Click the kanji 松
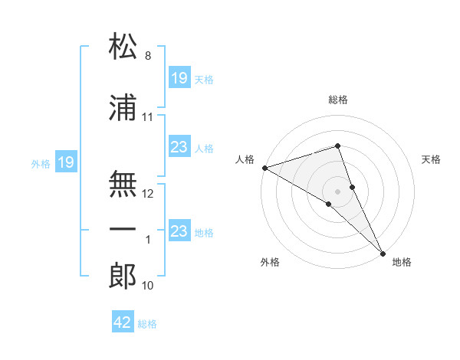(x=123, y=45)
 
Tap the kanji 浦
(x=123, y=107)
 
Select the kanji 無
(x=123, y=184)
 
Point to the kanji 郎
(x=123, y=276)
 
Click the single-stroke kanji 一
(x=123, y=229)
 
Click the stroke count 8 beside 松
(x=148, y=55)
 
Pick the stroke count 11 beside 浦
(x=147, y=117)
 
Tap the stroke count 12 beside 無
(x=147, y=194)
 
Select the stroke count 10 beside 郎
(x=147, y=285)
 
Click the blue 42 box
(x=123, y=321)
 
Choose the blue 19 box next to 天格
(x=179, y=77)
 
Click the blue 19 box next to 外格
(x=66, y=162)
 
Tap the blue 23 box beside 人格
(x=179, y=146)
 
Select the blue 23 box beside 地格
(x=179, y=230)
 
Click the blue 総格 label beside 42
(x=147, y=324)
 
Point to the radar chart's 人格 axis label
(x=245, y=159)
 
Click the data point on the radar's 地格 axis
(x=383, y=254)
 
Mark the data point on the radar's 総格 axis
(x=337, y=146)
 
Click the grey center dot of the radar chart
(x=337, y=191)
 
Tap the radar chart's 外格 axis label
(x=270, y=262)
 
